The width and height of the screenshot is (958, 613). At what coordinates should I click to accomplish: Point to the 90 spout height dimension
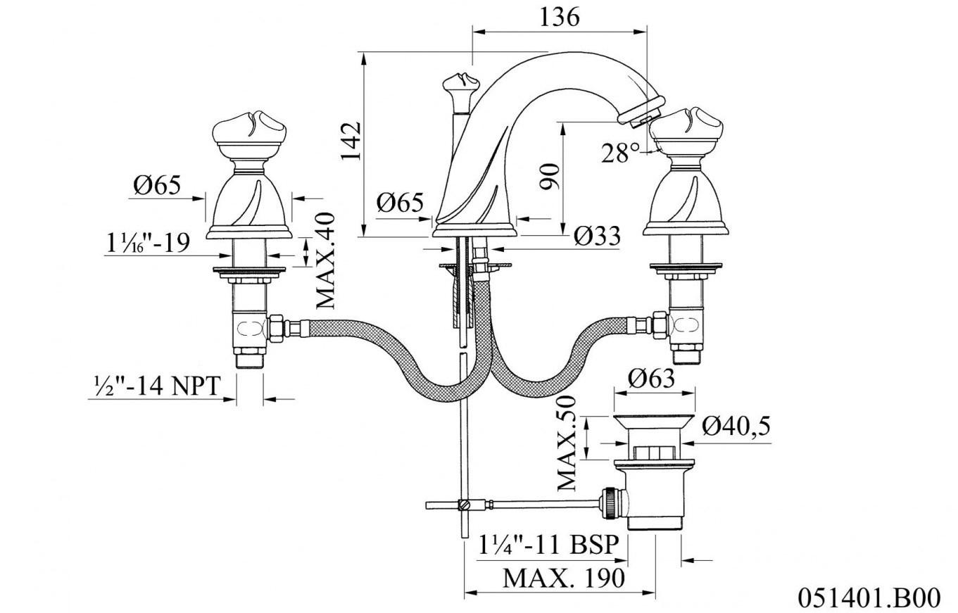pos(550,176)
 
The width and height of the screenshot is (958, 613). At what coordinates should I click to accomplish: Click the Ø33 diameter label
pos(596,236)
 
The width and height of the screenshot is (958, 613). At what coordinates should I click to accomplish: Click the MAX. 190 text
pos(563,579)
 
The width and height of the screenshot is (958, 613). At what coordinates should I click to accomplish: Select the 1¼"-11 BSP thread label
pos(549,545)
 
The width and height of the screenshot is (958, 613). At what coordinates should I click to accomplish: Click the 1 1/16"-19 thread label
pos(148,243)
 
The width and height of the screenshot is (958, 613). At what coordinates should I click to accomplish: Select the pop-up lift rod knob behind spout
pos(456,87)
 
